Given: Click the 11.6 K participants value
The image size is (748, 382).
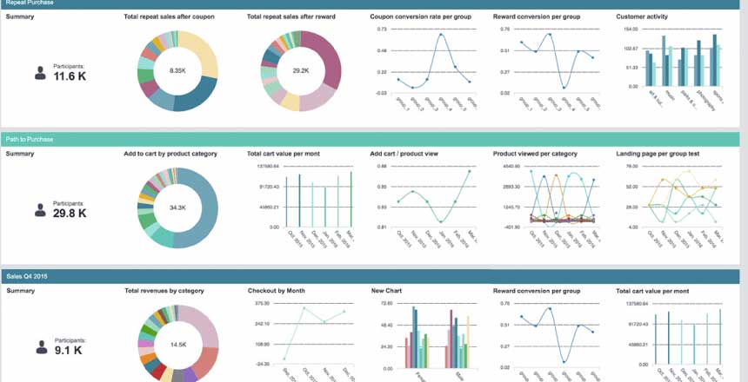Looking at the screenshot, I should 70,76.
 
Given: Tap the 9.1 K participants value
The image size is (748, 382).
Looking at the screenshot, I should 68,351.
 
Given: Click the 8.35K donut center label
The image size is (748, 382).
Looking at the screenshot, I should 178,70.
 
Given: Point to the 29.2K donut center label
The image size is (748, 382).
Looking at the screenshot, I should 301,70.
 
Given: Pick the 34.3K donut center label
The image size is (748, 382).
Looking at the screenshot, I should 178,207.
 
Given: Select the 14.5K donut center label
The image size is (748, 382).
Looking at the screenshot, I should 178,345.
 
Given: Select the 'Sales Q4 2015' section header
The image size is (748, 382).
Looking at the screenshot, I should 25,276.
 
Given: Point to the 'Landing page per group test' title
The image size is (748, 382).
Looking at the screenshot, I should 658,154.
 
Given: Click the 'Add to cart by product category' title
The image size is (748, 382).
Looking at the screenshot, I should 170,154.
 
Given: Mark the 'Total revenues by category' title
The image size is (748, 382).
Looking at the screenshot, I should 165,291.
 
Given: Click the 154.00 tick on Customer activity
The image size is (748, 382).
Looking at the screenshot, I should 631,29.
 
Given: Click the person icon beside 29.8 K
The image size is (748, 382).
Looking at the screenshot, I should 40,210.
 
